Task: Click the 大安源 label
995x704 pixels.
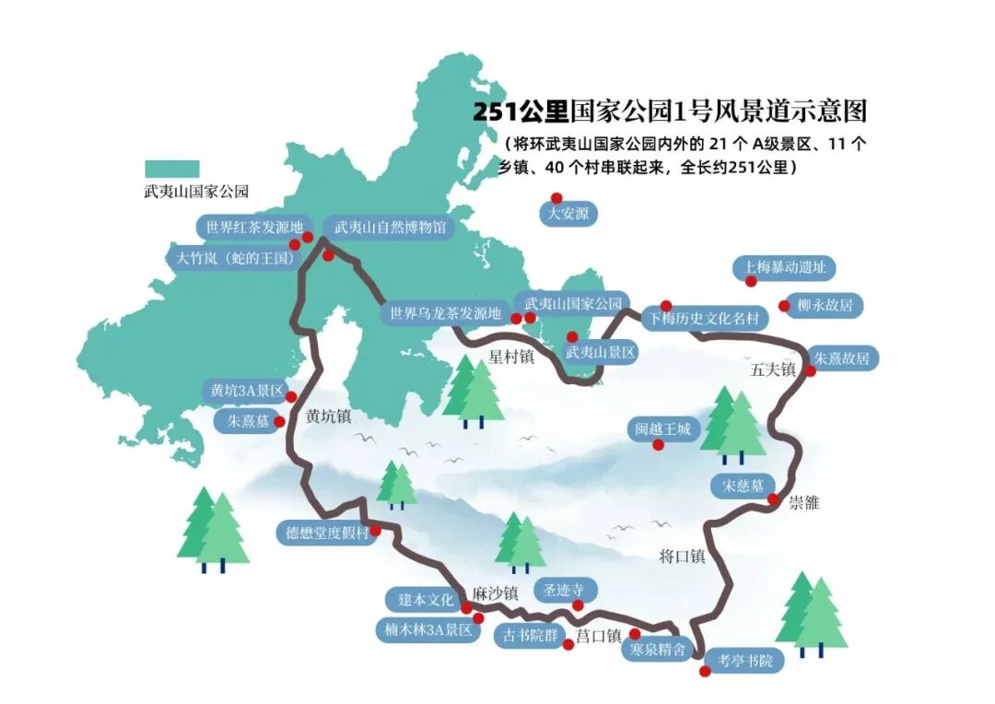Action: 568,215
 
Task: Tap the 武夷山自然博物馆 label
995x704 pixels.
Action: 390,227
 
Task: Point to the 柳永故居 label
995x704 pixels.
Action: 826,305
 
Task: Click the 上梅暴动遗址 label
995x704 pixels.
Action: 785,268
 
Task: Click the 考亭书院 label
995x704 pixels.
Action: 744,660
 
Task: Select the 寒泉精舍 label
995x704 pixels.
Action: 658,649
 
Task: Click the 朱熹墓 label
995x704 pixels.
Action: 242,421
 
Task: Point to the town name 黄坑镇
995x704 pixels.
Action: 329,417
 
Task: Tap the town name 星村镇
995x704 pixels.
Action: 511,356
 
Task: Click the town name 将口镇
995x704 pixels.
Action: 682,556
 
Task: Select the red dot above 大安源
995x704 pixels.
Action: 556,197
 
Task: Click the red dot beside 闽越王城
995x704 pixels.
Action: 658,445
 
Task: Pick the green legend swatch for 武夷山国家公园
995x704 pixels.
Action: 171,169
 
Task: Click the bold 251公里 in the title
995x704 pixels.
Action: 521,111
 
